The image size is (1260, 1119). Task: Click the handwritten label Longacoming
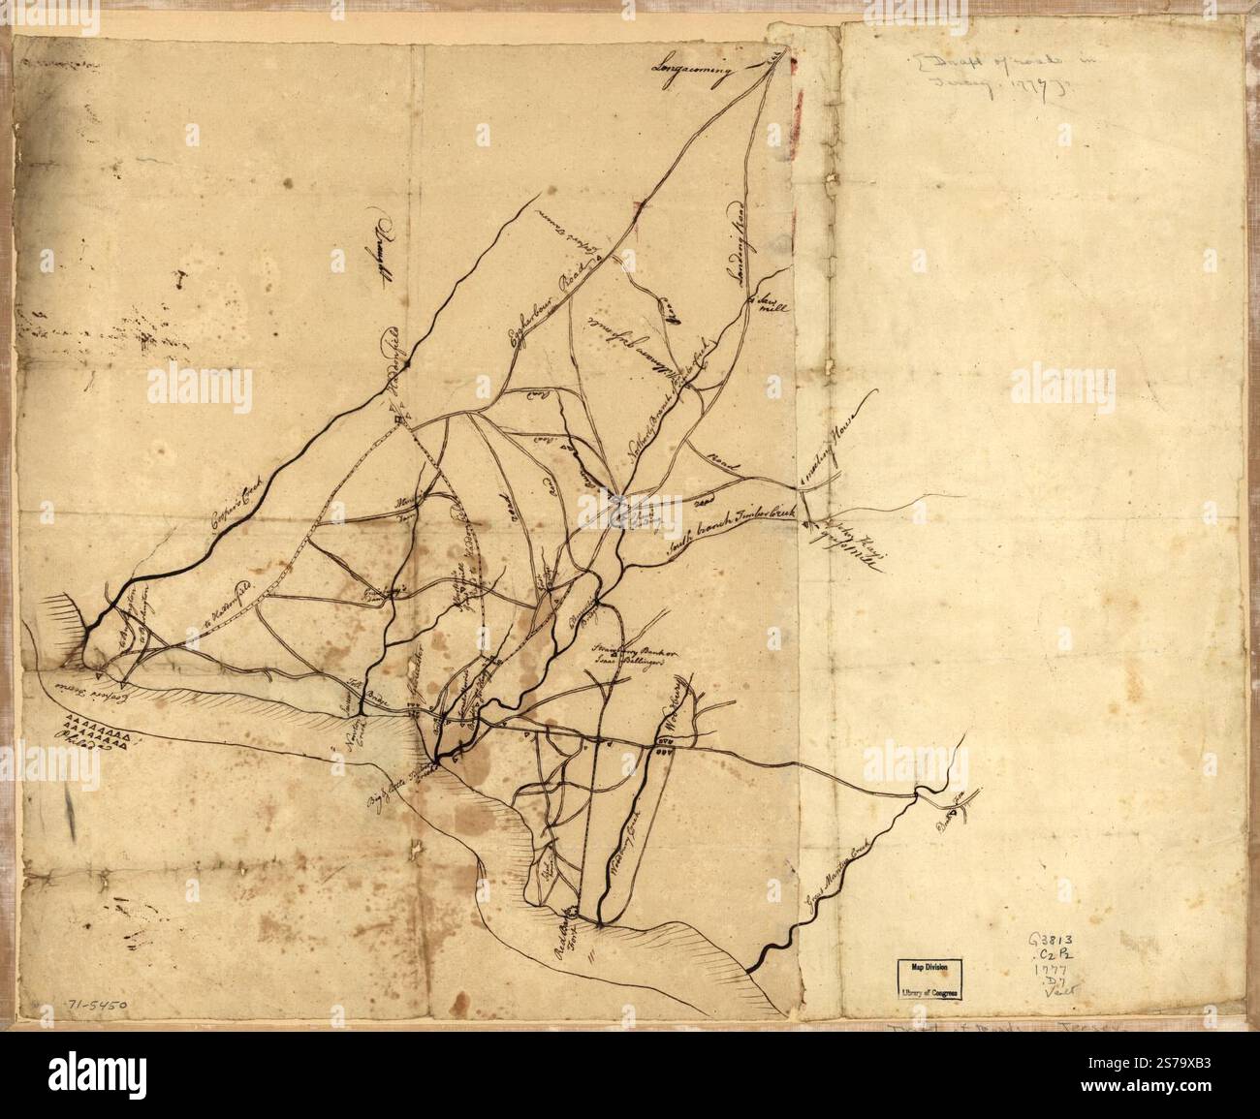[695, 70]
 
